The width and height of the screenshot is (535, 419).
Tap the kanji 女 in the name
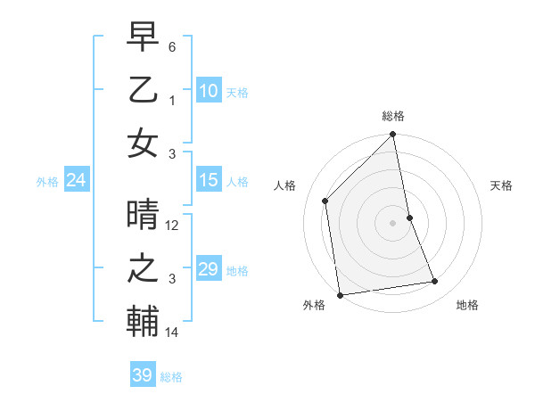point(143,143)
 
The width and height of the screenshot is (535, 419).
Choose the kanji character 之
point(143,268)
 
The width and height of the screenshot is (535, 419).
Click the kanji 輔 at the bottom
point(143,320)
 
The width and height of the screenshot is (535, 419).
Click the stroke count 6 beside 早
point(172,45)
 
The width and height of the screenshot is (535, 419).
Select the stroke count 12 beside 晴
point(173,226)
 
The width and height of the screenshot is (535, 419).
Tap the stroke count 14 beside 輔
point(173,333)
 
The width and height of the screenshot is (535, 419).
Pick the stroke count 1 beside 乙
point(173,101)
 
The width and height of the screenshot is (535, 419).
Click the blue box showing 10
point(208,90)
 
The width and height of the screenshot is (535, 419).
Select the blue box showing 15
point(208,180)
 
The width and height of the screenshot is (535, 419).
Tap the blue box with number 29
point(208,269)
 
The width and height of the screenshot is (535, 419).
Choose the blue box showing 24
point(76,180)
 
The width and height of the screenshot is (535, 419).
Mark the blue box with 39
point(142,375)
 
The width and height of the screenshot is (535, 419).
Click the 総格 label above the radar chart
point(393,116)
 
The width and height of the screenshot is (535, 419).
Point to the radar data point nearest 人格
point(325,201)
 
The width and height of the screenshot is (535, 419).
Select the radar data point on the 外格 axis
point(340,294)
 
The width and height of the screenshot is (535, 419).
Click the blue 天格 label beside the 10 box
point(236,92)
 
